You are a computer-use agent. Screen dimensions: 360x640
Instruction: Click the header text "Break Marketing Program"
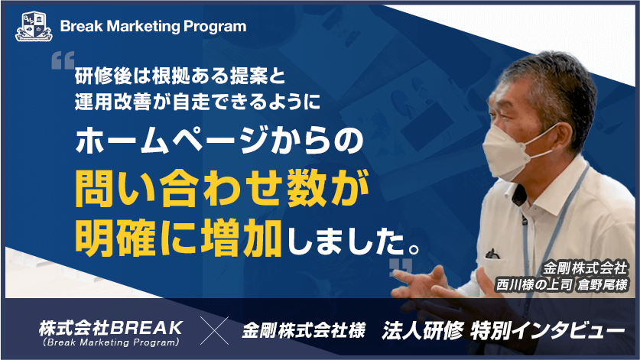[x=153, y=27]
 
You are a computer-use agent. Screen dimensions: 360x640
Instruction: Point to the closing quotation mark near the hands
[x=400, y=267]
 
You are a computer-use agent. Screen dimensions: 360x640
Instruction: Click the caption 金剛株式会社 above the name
[x=586, y=269]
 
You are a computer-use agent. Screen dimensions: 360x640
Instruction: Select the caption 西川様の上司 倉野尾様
[x=562, y=285]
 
